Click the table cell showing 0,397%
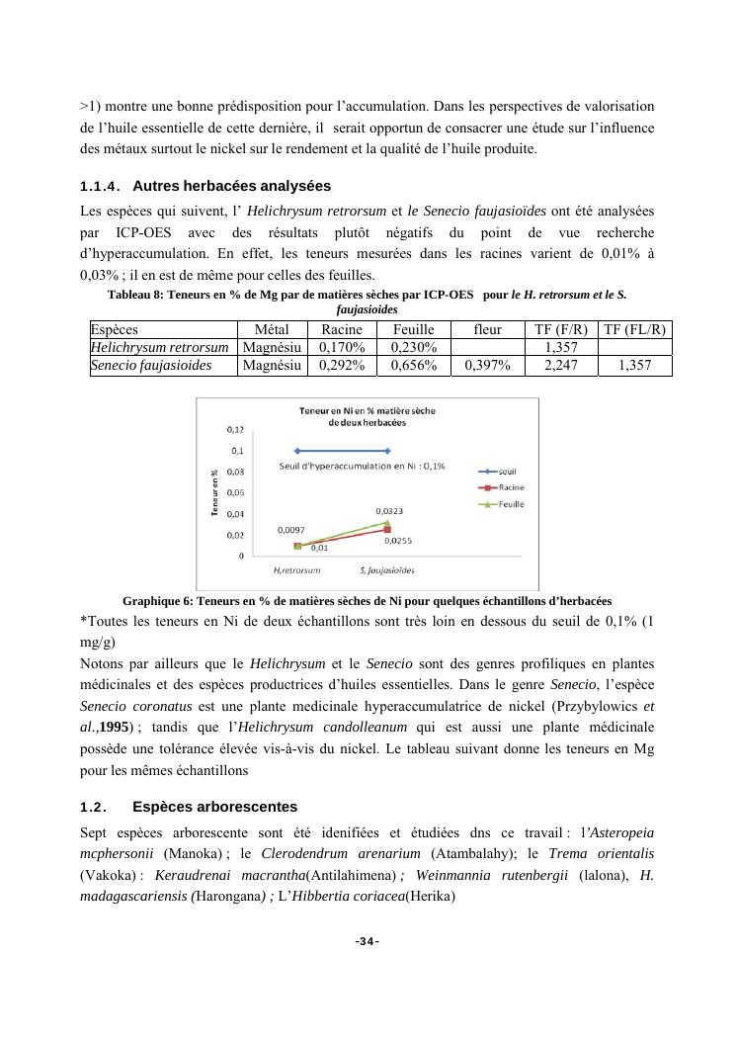pyautogui.click(x=487, y=366)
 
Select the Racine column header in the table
pyautogui.click(x=342, y=330)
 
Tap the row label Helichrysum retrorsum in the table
pyautogui.click(x=160, y=348)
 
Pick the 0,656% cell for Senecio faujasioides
pyautogui.click(x=414, y=366)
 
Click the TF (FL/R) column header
pyautogui.click(x=634, y=330)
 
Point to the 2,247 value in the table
pyautogui.click(x=561, y=366)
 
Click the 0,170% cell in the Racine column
pyautogui.click(x=342, y=348)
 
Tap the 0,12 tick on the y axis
pyautogui.click(x=236, y=430)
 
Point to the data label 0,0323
pyautogui.click(x=388, y=511)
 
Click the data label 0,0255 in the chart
pyautogui.click(x=398, y=541)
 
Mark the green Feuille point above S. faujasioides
pyautogui.click(x=387, y=522)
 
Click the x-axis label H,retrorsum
pyautogui.click(x=295, y=570)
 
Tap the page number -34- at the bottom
pyautogui.click(x=368, y=941)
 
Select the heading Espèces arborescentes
pyautogui.click(x=214, y=807)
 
